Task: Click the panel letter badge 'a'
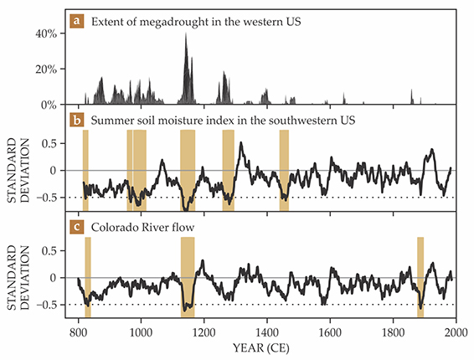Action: pyautogui.click(x=77, y=22)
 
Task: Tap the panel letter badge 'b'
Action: pyautogui.click(x=77, y=121)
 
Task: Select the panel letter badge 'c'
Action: pyautogui.click(x=77, y=227)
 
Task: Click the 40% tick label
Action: pyautogui.click(x=46, y=33)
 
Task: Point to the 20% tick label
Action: pyautogui.click(x=46, y=69)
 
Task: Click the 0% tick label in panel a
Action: pyautogui.click(x=49, y=105)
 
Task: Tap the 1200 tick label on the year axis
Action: pyautogui.click(x=204, y=332)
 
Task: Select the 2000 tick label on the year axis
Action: pyautogui.click(x=456, y=332)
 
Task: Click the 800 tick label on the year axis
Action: pyautogui.click(x=78, y=332)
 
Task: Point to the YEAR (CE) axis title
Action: pyautogui.click(x=261, y=348)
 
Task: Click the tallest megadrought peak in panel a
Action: pyautogui.click(x=186, y=33)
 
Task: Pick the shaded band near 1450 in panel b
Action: pyautogui.click(x=284, y=170)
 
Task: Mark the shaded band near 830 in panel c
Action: pyautogui.click(x=88, y=277)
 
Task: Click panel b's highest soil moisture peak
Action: pyautogui.click(x=241, y=142)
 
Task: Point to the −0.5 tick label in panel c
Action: pyautogui.click(x=47, y=305)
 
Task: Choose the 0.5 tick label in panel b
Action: pyautogui.click(x=49, y=143)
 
